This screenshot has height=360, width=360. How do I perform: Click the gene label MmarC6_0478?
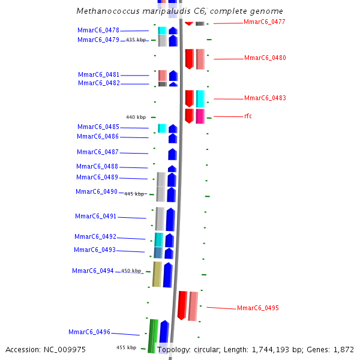pos(98,30)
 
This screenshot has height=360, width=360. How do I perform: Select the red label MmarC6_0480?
pos(265,58)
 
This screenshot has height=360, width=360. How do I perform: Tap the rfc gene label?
pos(248,116)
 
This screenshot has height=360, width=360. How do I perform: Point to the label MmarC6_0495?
pos(257,308)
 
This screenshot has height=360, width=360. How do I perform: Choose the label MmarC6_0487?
pos(98,152)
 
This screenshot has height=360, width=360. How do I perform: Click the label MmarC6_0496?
pos(89,332)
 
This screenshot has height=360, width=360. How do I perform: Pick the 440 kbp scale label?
pos(136,117)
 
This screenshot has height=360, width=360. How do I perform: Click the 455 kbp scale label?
pos(126,347)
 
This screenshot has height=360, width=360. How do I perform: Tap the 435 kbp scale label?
pos(136,40)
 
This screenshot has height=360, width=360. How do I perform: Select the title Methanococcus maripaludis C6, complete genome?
pos(180,11)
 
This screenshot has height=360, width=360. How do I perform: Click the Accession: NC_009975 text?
pos(46,349)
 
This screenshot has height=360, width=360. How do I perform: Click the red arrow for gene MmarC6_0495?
pos(182,305)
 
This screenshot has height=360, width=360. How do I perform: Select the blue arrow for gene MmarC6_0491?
pos(170,219)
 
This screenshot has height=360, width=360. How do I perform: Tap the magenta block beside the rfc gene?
pos(200,116)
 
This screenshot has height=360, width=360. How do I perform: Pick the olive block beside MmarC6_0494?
pos(157,274)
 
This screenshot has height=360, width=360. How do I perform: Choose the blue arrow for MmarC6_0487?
pos(172,154)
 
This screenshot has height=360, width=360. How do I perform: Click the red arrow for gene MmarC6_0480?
pos(189,59)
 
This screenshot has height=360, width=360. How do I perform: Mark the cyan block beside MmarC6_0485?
pos(161,128)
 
